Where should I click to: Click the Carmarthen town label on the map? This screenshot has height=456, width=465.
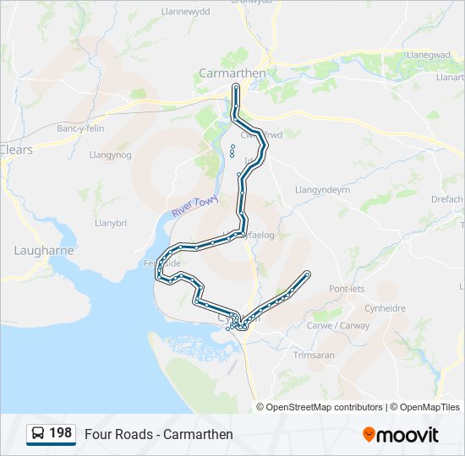(232, 73)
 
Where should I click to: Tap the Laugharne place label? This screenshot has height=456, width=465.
(44, 251)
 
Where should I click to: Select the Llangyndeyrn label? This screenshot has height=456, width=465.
(321, 190)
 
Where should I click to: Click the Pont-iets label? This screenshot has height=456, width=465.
(347, 289)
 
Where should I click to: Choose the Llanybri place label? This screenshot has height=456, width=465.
(111, 223)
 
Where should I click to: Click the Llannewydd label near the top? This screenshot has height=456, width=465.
(185, 12)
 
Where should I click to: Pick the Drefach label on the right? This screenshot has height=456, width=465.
(447, 199)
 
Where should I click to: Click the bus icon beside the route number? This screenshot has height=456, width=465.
(38, 434)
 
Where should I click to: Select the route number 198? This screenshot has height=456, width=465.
(61, 433)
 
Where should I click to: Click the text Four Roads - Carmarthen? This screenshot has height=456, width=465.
(159, 434)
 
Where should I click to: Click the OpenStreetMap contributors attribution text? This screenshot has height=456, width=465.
(324, 407)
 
